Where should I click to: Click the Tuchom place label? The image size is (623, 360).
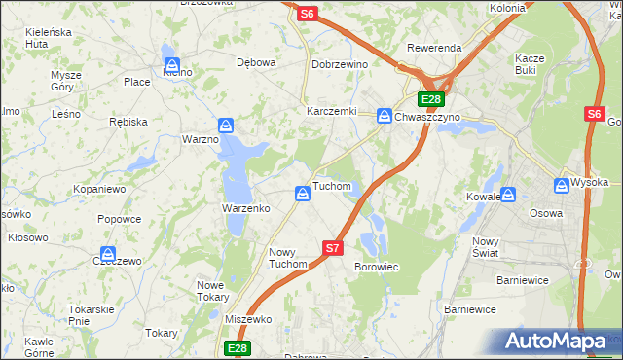(331, 186)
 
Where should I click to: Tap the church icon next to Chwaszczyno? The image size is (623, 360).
(385, 115)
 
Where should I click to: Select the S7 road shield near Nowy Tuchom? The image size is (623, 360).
(333, 248)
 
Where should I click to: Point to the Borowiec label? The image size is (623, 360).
(376, 267)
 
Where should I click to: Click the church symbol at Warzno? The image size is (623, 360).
(226, 126)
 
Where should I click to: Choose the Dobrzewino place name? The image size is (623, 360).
(338, 63)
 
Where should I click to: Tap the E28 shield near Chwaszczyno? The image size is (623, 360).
(431, 99)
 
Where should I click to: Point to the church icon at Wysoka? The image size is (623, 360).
(562, 184)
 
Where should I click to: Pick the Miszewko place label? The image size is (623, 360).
(247, 320)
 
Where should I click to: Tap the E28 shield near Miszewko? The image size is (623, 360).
(238, 347)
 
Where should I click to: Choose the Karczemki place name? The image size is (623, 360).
(332, 111)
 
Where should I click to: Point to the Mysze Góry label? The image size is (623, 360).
(66, 82)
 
